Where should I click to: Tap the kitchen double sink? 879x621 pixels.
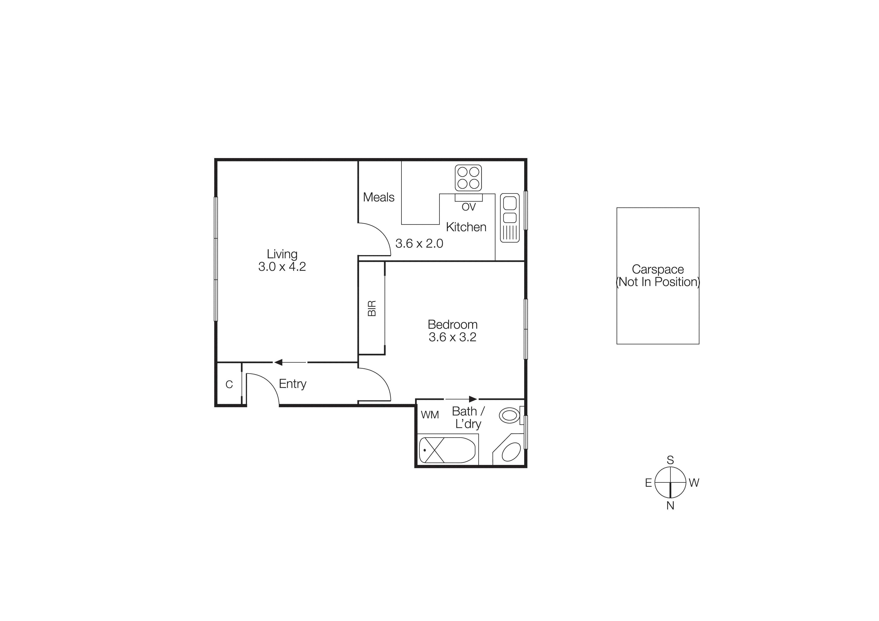[x=510, y=217]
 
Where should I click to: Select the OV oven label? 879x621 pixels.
[x=469, y=207]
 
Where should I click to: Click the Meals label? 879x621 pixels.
[x=379, y=197]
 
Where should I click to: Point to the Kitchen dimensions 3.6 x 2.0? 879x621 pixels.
[x=419, y=243]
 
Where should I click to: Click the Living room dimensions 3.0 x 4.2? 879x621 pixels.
[x=282, y=267]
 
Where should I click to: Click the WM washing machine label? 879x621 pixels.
[x=429, y=415]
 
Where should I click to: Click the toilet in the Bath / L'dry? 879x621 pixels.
[x=510, y=416]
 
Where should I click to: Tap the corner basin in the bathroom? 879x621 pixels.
[x=511, y=452]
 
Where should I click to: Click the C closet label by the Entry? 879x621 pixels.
[x=229, y=385]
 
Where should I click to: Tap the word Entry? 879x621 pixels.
[x=292, y=384]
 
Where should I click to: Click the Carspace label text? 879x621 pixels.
[x=658, y=269]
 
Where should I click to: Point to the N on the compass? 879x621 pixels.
[x=670, y=506]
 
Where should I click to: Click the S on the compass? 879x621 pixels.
[x=670, y=460]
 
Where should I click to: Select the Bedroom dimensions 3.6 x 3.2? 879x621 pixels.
[x=453, y=337]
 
